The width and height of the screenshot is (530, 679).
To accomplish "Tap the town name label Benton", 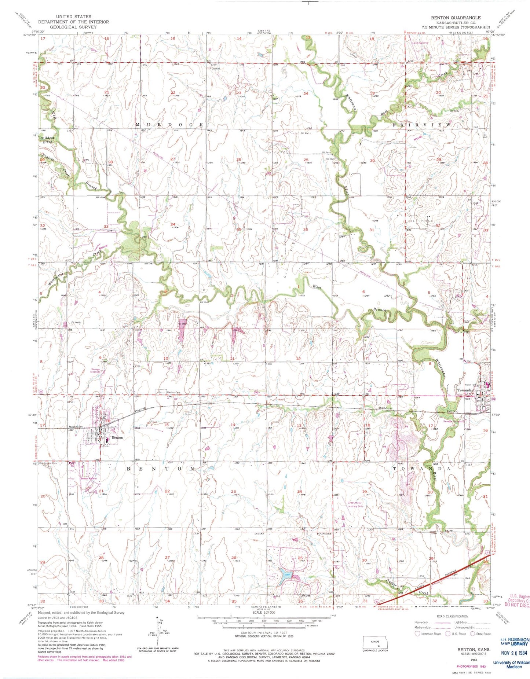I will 117,438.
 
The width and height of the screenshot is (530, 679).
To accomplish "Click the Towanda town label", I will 464,390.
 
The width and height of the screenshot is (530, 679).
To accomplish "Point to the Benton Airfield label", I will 89,478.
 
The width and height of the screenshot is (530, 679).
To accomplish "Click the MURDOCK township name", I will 169,125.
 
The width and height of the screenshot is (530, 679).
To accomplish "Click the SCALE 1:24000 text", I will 262,612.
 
